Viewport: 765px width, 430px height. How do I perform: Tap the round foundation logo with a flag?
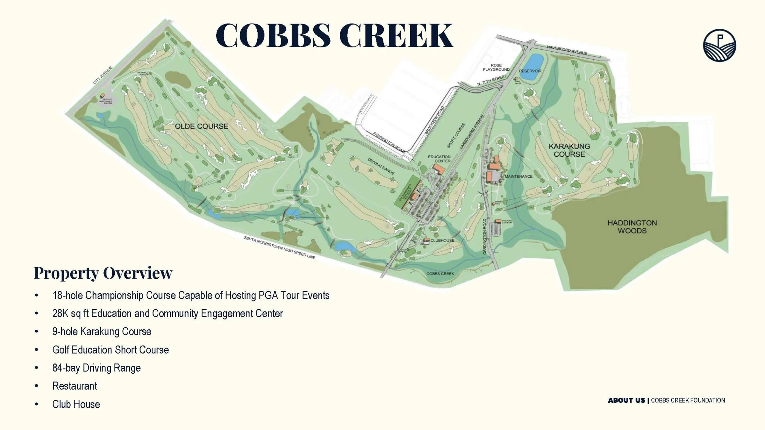point(719,45)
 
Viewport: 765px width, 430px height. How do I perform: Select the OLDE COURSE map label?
point(201,126)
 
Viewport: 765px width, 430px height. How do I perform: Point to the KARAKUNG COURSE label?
point(569,150)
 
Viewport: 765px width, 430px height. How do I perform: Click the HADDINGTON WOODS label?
point(632,227)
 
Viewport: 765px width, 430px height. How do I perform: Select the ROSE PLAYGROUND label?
point(496,67)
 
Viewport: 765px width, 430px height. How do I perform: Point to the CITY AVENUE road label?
point(103,75)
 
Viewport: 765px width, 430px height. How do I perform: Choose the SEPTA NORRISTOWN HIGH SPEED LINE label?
point(279,248)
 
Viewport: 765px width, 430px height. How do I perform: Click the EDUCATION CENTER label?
point(439,159)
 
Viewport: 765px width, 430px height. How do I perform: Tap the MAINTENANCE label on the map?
point(518,176)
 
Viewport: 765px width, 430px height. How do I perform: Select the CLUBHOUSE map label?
point(442,240)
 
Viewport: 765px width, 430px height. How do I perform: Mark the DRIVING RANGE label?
point(381,167)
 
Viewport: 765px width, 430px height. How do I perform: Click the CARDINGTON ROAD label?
point(485,236)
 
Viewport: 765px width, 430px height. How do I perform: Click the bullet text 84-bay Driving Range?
point(96,368)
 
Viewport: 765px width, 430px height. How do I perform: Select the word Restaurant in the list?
point(75,386)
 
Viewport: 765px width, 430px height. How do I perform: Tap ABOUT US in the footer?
point(626,400)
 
